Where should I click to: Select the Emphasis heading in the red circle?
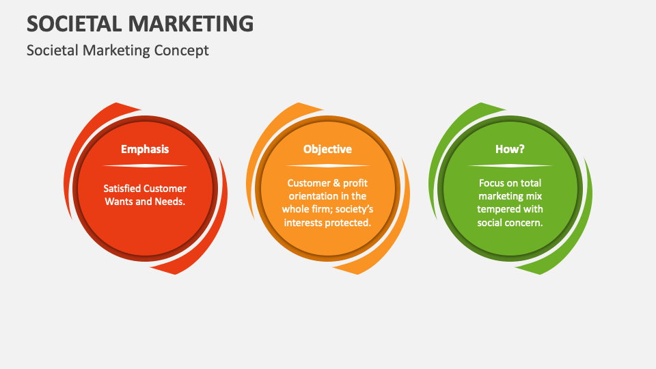tap(145, 149)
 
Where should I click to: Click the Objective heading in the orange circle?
tap(327, 149)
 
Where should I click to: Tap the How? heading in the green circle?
tap(510, 149)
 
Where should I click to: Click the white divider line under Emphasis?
tap(145, 166)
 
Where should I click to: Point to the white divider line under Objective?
tap(327, 166)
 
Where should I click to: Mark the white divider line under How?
tap(510, 166)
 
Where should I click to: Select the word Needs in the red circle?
tap(170, 202)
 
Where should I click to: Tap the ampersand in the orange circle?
tap(335, 183)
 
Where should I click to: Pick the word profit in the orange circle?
tap(355, 183)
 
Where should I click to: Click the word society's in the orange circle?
tap(353, 209)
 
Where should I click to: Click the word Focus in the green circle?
tap(491, 183)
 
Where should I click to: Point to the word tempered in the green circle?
tap(497, 209)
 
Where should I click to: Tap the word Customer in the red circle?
tap(164, 189)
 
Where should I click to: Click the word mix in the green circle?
tap(534, 196)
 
